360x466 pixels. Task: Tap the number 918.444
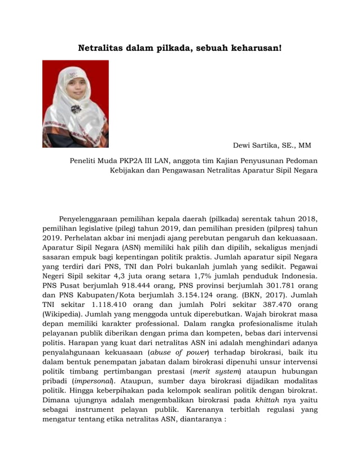pyautogui.click(x=113, y=286)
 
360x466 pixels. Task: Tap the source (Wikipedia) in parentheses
pyautogui.click(x=63, y=315)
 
